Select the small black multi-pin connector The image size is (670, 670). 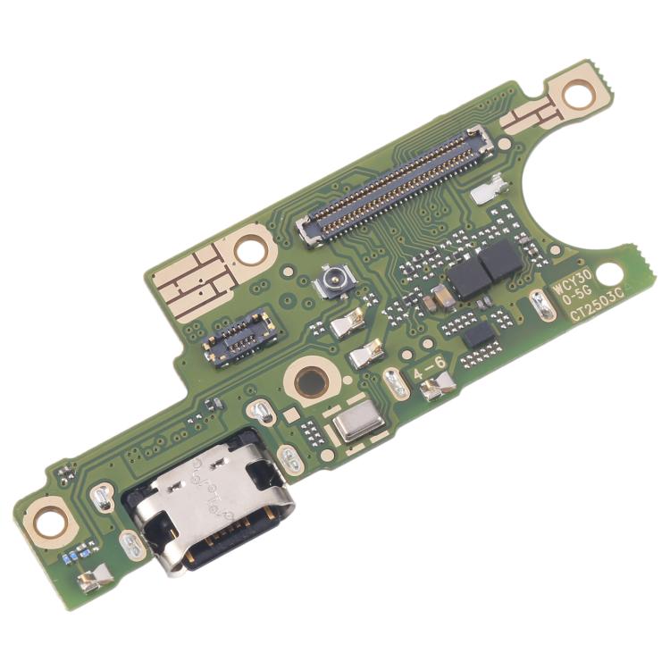coord(239,337)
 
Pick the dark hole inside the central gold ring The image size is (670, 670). coord(308,380)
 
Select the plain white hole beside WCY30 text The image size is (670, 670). coord(607,272)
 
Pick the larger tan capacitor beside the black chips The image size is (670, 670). coord(442,297)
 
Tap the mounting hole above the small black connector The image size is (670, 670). coord(249,249)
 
